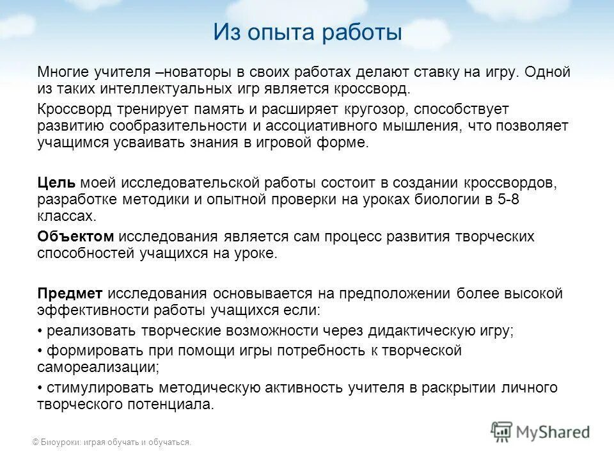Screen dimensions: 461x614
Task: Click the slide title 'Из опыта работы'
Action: coord(307,31)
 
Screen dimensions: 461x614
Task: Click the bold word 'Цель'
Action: coord(56,184)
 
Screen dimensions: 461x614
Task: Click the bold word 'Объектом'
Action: coord(75,236)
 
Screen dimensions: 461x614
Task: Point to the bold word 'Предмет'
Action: coord(70,294)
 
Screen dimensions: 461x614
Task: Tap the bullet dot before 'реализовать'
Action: coord(40,331)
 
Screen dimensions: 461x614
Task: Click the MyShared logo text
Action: coord(553,432)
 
